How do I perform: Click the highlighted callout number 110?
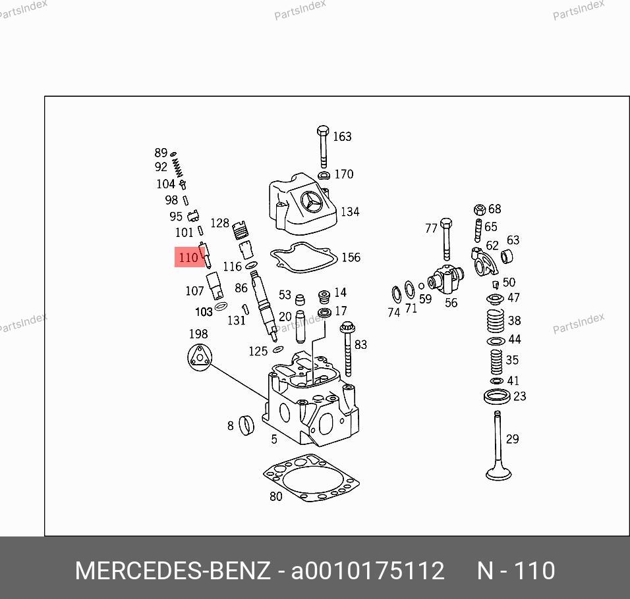pyautogui.click(x=188, y=257)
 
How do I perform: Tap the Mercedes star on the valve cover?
pyautogui.click(x=312, y=201)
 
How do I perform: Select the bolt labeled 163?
pyautogui.click(x=323, y=147)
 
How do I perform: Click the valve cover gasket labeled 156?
pyautogui.click(x=304, y=257)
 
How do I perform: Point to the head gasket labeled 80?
pyautogui.click(x=312, y=478)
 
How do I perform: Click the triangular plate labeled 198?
pyautogui.click(x=199, y=357)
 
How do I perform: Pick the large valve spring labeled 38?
pyautogui.click(x=496, y=320)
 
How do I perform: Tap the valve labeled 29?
pyautogui.click(x=498, y=446)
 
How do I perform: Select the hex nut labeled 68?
pyautogui.click(x=480, y=210)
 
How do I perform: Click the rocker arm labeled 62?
pyautogui.click(x=484, y=261)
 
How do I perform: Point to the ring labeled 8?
pyautogui.click(x=246, y=425)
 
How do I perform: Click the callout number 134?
pyautogui.click(x=350, y=211)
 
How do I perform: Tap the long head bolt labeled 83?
pyautogui.click(x=347, y=349)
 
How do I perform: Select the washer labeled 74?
pyautogui.click(x=396, y=296)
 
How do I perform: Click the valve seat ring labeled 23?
pyautogui.click(x=497, y=397)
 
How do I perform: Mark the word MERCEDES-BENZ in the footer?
pyautogui.click(x=173, y=571)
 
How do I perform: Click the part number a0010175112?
pyautogui.click(x=368, y=571)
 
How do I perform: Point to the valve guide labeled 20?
pyautogui.click(x=301, y=326)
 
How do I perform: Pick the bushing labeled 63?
pyautogui.click(x=507, y=256)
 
